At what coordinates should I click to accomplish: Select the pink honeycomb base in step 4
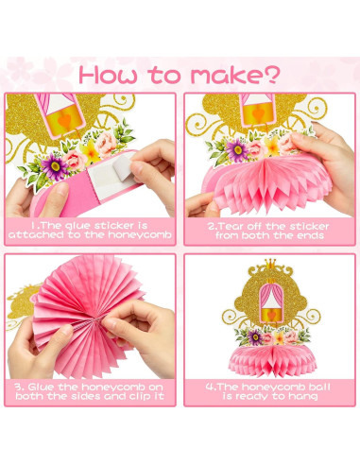tap(269, 357)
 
